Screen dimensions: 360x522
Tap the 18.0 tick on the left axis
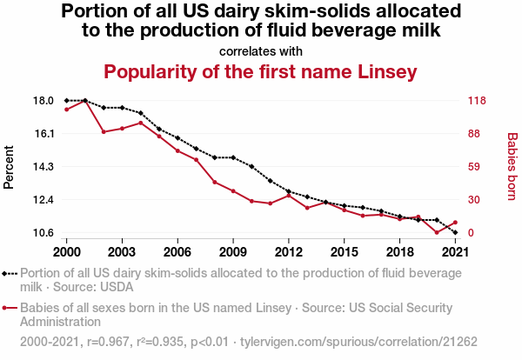pos(43,101)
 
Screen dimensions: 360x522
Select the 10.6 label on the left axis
pos(43,233)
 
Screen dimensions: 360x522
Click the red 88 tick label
pos(475,134)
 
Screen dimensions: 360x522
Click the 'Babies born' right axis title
pos(512,166)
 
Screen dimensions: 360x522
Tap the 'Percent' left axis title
pos(10,166)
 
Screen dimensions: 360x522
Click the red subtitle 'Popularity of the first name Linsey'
pos(261,71)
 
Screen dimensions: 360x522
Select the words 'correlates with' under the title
pos(261,50)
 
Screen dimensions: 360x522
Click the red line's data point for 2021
pos(455,223)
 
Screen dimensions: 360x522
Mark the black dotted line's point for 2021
pos(455,233)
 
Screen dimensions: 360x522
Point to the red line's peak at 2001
pos(85,101)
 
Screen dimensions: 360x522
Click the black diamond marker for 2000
pos(66,101)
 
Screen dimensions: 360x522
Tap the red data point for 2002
pos(104,131)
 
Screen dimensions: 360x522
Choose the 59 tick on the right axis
pos(475,167)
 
